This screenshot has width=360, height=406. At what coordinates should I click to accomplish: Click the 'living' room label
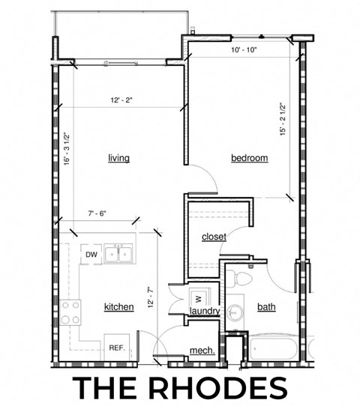tap(118, 158)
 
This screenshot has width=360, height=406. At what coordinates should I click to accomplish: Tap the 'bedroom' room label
tap(249, 158)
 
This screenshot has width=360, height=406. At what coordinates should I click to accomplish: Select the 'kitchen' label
tap(118, 306)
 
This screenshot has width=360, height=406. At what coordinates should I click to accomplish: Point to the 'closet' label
tap(214, 237)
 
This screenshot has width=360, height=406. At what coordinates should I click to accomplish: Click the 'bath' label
tap(266, 306)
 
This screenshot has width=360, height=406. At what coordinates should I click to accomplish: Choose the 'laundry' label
tap(204, 310)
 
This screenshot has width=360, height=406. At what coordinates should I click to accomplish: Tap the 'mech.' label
tap(202, 351)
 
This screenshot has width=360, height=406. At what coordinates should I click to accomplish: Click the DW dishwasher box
tap(91, 255)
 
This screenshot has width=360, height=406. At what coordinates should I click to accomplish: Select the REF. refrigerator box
tap(117, 348)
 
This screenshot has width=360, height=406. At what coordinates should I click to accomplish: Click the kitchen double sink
tap(119, 254)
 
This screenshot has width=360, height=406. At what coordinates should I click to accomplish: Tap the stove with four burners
tap(71, 312)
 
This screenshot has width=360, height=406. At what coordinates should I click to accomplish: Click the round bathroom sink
tap(235, 311)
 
